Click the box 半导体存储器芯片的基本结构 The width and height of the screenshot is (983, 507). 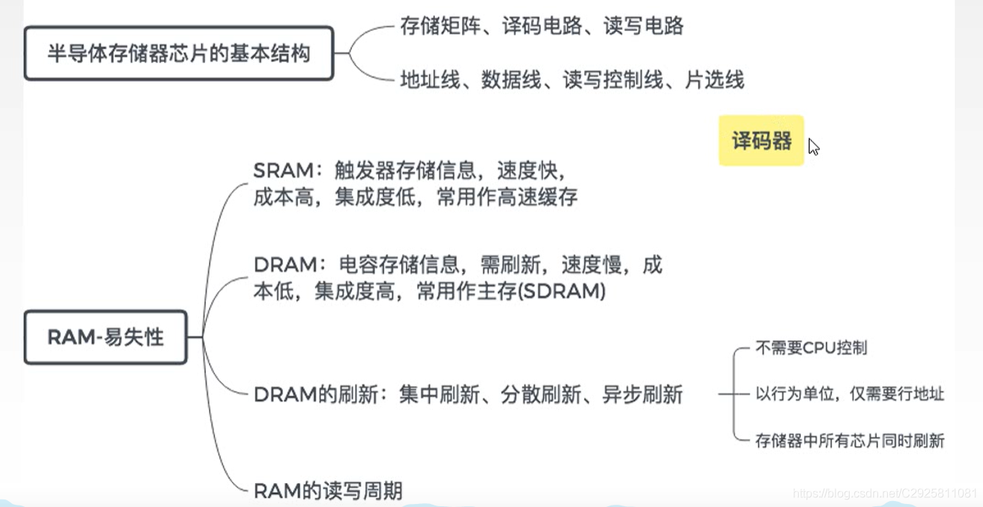[178, 54]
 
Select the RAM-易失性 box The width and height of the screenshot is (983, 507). [106, 337]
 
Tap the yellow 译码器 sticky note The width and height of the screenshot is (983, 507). [761, 141]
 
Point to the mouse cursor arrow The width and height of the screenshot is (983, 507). [813, 147]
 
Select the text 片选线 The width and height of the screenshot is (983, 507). [714, 80]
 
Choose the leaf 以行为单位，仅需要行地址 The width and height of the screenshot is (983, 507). [849, 394]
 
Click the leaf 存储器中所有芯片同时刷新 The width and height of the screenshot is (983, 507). [849, 440]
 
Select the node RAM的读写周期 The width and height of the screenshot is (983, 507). [328, 491]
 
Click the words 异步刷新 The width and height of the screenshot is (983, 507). [642, 395]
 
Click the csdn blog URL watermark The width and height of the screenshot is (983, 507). [884, 494]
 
